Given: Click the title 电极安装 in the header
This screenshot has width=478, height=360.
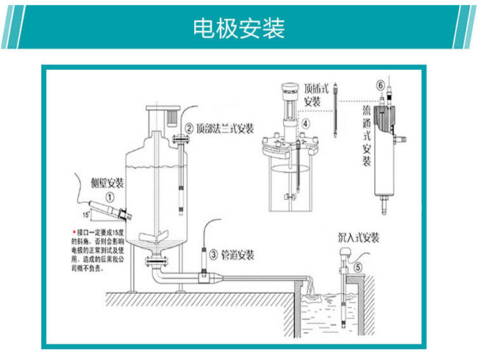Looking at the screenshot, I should point(239,29).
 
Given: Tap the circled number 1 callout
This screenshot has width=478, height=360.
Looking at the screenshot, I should point(109,197).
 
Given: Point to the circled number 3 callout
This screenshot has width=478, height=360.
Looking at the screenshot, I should point(213,255).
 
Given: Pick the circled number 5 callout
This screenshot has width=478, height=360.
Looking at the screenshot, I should point(358,268).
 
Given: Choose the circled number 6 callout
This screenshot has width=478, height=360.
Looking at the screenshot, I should point(379,85).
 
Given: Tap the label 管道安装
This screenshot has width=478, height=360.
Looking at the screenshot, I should point(238,255).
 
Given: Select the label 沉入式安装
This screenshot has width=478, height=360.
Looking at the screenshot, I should point(358,237).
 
